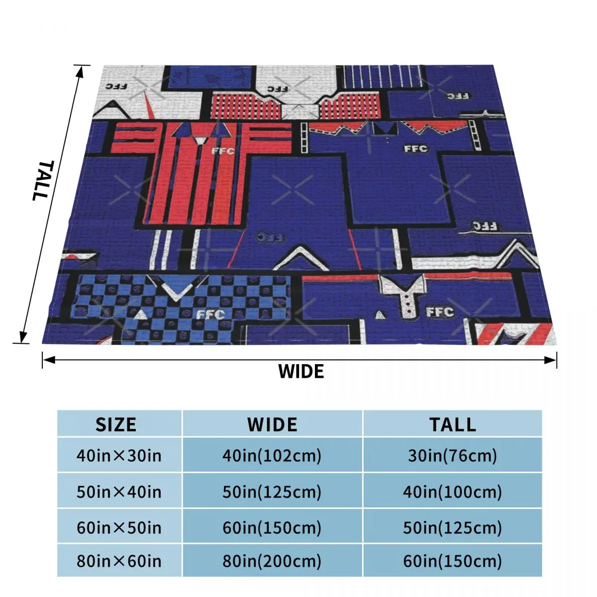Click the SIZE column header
coord(116,424)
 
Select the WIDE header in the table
coord(272,424)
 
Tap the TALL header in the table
coord(453,424)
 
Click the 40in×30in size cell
coord(119,455)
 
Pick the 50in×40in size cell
coord(119,492)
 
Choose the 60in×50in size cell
coord(119,527)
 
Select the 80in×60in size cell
coord(119,561)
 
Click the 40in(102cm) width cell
coord(272,455)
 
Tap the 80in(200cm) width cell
coord(272,561)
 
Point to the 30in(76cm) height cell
coord(453,455)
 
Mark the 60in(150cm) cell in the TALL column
coord(453,561)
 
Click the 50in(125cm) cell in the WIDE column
coord(272,492)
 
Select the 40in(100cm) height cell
coord(453,492)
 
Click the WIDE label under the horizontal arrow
coord(301,371)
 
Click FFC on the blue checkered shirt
coord(210,314)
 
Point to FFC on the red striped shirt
coord(222,150)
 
